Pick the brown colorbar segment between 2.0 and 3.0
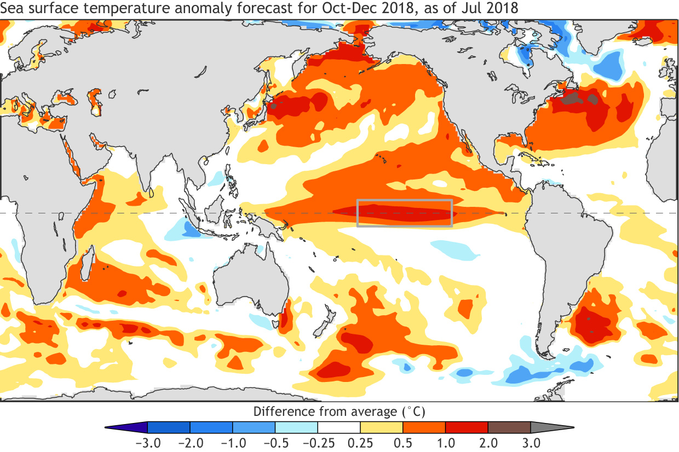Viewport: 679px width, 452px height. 509,427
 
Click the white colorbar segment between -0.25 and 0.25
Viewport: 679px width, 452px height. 339,427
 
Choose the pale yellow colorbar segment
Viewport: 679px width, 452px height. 382,427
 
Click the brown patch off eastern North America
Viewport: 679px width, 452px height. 572,98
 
